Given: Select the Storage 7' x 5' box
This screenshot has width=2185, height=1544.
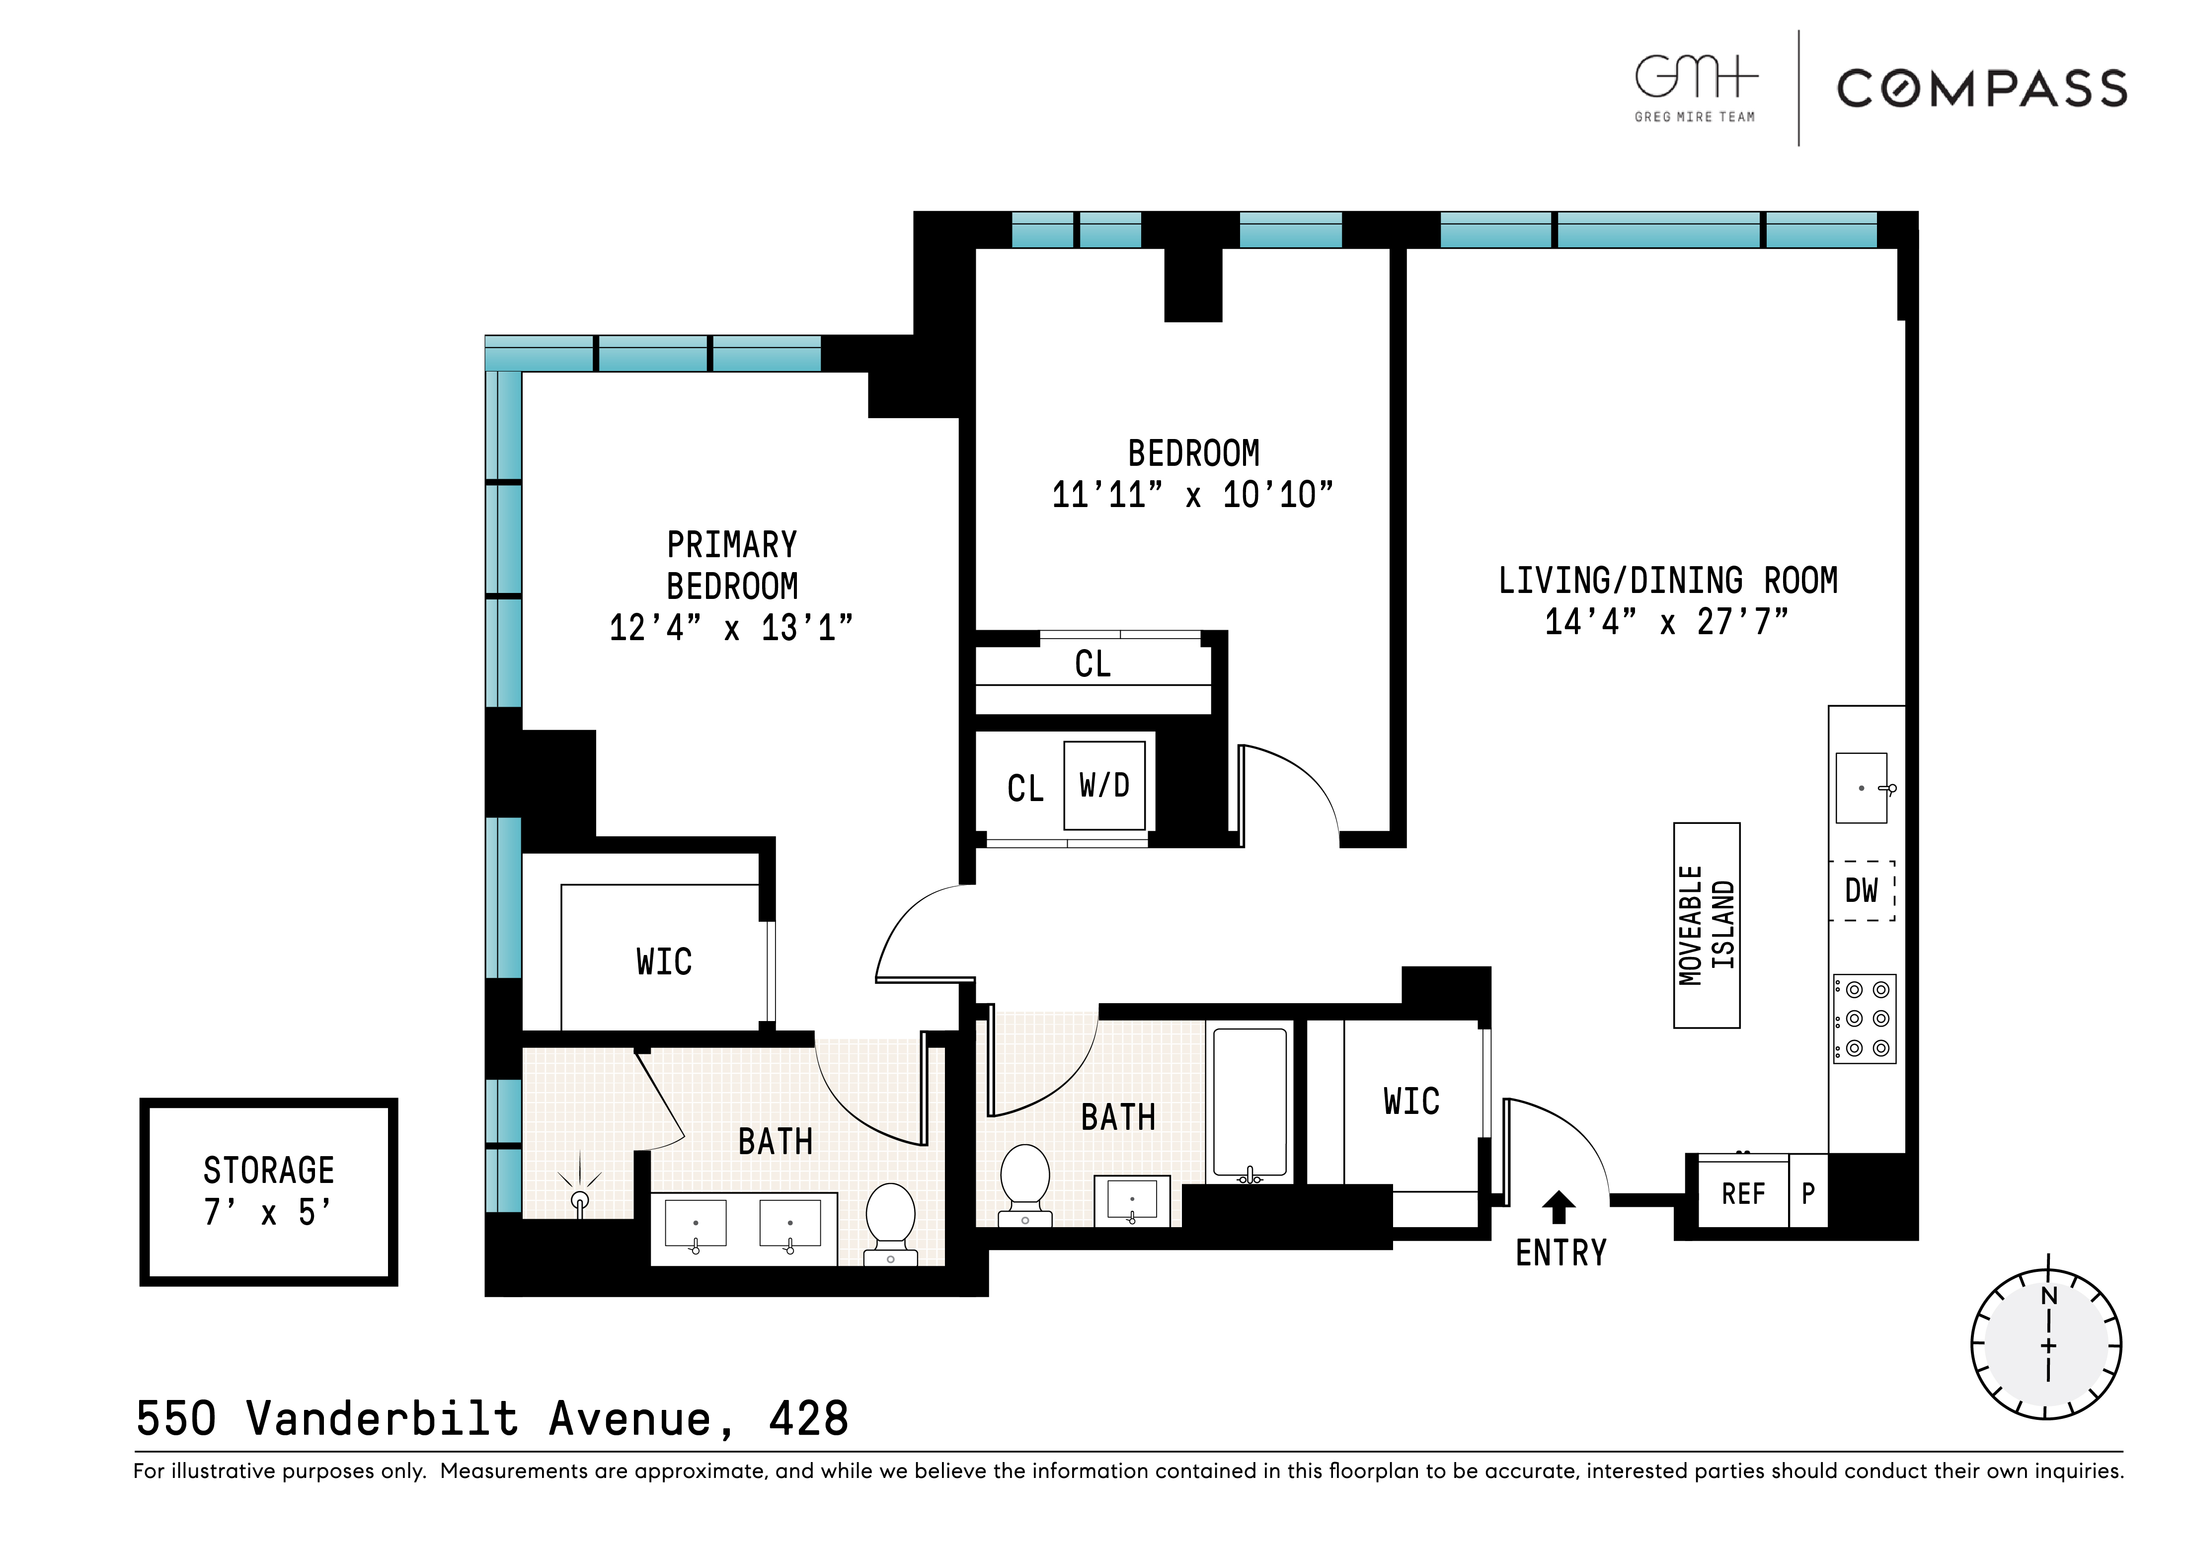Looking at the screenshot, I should (x=268, y=1191).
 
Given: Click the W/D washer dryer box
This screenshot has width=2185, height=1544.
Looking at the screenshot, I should (x=1104, y=786).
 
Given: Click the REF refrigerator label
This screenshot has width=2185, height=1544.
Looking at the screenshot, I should (x=1742, y=1194).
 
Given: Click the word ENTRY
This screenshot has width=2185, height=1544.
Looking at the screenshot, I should (x=1561, y=1253).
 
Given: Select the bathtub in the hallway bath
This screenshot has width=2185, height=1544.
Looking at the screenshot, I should (x=1249, y=1103).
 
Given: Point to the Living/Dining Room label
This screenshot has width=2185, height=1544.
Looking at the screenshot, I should (x=1667, y=581).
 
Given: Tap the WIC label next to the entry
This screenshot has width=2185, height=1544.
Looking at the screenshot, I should (x=1411, y=1102).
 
